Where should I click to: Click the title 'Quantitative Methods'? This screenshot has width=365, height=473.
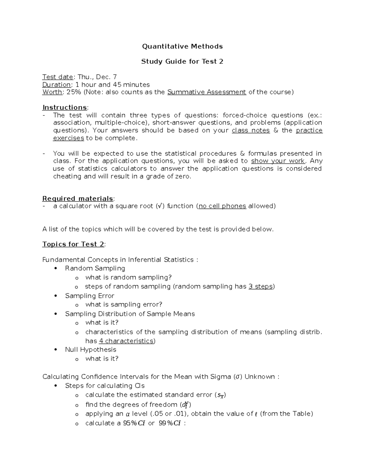point(182,46)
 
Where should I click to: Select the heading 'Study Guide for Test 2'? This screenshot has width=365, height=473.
point(182,62)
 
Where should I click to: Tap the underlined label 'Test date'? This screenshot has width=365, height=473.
point(58,77)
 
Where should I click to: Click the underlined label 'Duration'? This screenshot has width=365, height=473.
point(57,85)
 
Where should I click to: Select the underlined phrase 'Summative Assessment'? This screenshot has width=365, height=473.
point(207,92)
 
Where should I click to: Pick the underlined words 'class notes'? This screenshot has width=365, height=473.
point(251,130)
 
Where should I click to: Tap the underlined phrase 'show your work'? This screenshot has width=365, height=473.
point(278,161)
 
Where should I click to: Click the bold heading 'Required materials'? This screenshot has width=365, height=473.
point(78,199)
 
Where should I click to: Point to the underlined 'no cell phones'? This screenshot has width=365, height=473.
point(222,206)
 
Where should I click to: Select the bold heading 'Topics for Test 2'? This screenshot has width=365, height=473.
point(73,244)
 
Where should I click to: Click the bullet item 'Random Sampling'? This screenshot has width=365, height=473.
point(95,268)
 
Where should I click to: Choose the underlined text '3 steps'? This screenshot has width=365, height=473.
point(261,286)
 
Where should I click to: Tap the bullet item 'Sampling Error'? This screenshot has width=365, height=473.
point(89,296)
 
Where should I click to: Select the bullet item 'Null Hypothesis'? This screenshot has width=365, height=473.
point(90,350)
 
